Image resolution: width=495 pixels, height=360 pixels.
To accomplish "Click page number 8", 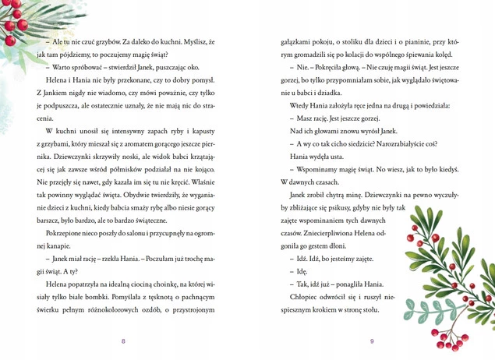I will tap(123, 341).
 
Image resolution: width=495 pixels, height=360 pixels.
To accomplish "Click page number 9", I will tap(372, 341).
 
